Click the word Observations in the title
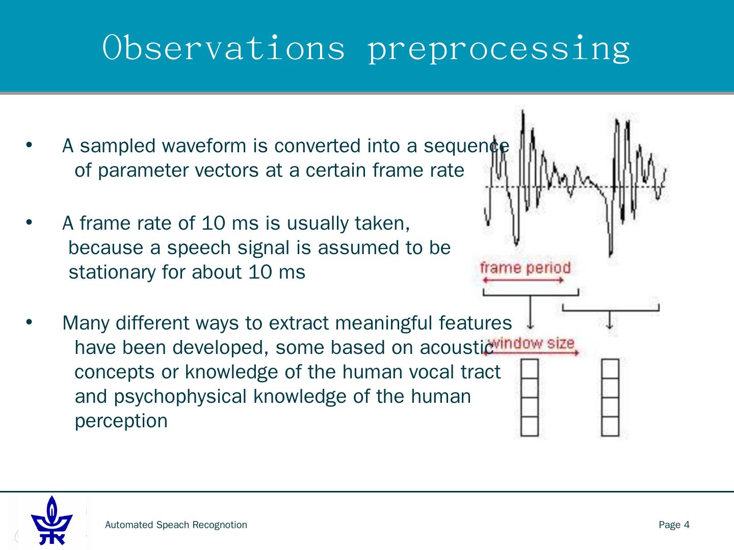tap(223, 48)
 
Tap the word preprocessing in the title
tap(499, 49)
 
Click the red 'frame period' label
tap(526, 268)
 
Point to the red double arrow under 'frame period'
tap(523, 281)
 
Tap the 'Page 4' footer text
tap(674, 525)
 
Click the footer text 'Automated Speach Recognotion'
tap(176, 525)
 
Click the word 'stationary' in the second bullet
tap(112, 272)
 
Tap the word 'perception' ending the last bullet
tap(121, 421)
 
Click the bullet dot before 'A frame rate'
tap(29, 222)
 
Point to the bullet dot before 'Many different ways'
tap(29, 322)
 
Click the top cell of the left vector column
tap(530, 369)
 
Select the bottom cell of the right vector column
tap(610, 426)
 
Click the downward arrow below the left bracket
tap(530, 312)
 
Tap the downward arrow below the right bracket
tap(610, 320)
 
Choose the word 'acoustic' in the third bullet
tap(456, 348)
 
